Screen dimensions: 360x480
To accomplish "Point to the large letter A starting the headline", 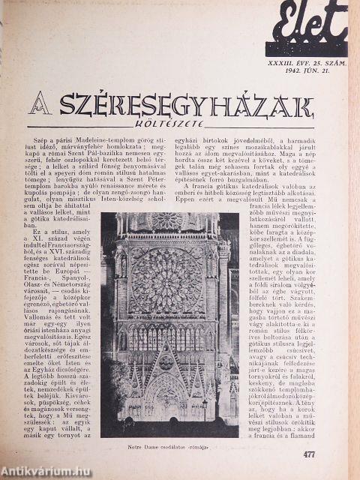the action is click(x=40, y=105).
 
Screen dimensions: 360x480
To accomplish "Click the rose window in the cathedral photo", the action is click(x=166, y=280).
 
